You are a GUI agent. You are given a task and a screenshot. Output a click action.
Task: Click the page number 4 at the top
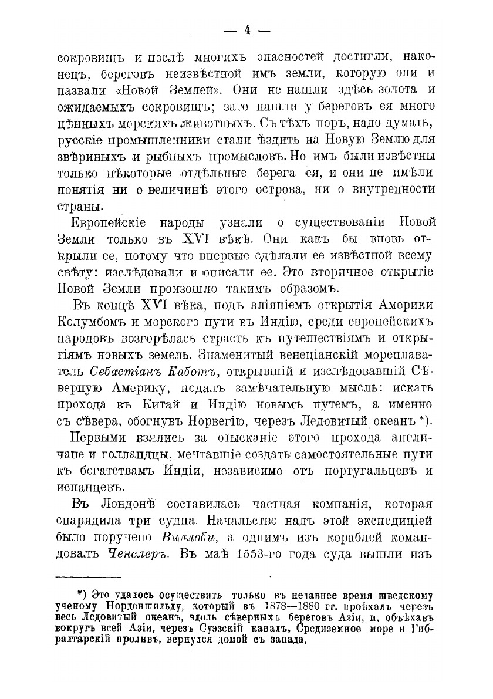click(x=247, y=31)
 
